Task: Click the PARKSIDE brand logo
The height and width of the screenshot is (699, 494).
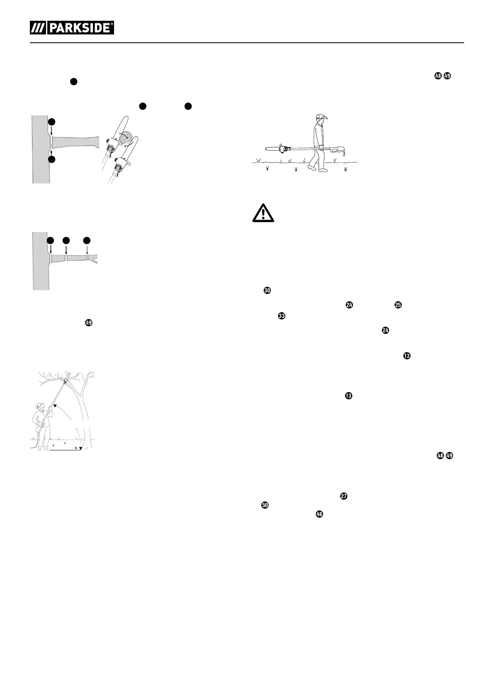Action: (x=72, y=28)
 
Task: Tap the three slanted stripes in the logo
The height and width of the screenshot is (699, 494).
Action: (x=38, y=28)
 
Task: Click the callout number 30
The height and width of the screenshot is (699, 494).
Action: (x=267, y=291)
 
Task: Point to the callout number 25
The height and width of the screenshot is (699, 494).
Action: (x=398, y=305)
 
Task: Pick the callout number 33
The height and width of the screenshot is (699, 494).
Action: (x=282, y=316)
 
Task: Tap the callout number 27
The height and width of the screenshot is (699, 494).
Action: (x=343, y=496)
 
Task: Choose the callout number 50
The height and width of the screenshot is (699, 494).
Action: (x=265, y=505)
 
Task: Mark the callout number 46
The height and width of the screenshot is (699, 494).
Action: (x=319, y=514)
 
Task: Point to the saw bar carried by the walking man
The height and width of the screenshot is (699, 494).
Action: (x=272, y=148)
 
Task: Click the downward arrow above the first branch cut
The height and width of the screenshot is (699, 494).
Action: (x=51, y=130)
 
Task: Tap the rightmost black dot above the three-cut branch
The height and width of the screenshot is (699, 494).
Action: (x=87, y=240)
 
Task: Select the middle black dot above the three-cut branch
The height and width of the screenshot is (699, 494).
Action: (x=66, y=240)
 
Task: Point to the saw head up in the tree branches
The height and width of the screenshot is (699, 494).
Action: (x=66, y=379)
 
